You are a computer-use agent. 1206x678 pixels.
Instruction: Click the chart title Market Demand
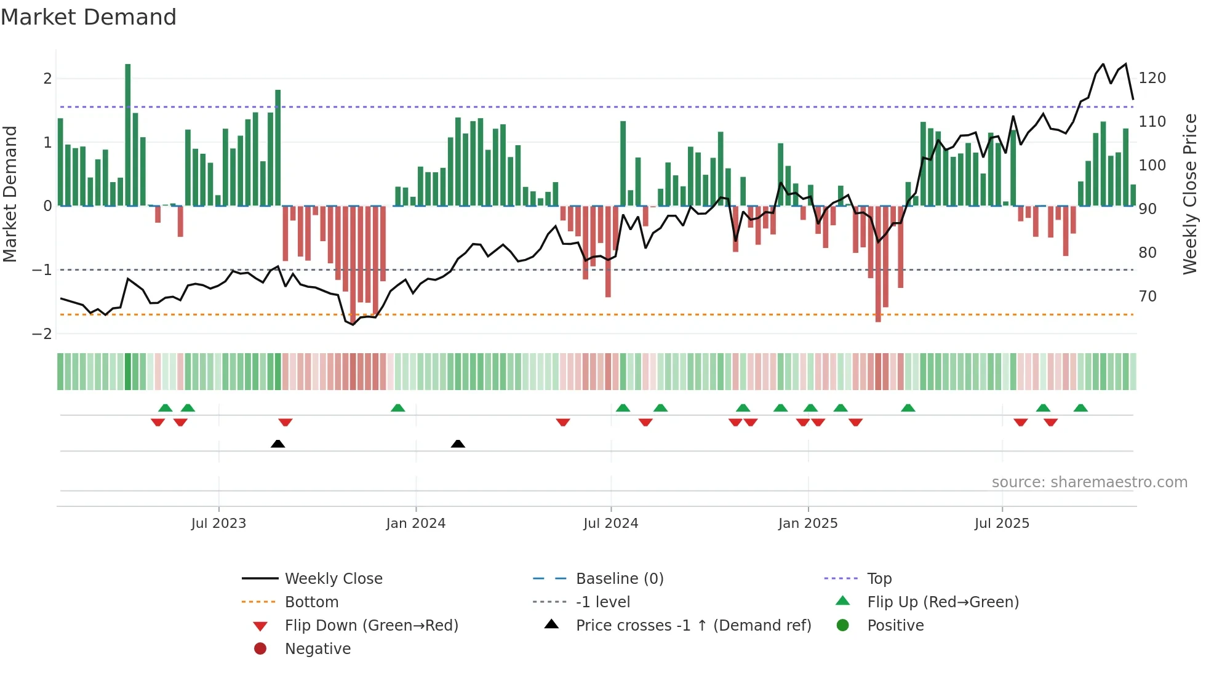coord(89,17)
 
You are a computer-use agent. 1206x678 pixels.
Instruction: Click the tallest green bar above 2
coord(128,135)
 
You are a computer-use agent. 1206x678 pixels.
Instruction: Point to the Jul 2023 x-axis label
coord(218,524)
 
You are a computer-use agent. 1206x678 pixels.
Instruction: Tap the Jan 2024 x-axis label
coord(415,524)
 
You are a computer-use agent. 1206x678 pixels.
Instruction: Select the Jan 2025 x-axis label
coord(807,524)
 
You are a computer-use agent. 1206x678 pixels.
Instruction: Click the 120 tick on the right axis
coord(1152,78)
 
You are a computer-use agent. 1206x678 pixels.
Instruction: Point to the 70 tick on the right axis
coord(1147,297)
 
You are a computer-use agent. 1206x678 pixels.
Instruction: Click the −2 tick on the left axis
coord(42,334)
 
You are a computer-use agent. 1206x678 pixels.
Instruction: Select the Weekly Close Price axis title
coord(1190,194)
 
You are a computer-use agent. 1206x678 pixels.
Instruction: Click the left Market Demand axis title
coord(10,194)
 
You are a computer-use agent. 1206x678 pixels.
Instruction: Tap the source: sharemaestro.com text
coord(1089,482)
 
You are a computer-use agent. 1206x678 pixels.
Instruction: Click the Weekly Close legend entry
coord(333,579)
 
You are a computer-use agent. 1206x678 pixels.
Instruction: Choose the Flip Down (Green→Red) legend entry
coord(371,626)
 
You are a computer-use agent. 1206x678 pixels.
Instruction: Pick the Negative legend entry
coord(317,649)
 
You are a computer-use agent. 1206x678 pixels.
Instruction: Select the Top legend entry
coord(879,579)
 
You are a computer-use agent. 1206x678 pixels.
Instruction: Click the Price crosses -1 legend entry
coord(693,626)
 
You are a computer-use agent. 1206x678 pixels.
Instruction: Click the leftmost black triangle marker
coord(278,444)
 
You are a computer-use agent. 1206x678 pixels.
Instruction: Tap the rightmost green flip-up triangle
coord(1080,408)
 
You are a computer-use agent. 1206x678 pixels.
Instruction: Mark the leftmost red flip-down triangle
coord(158,422)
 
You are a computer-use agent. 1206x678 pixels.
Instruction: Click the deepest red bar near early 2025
coord(878,265)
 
